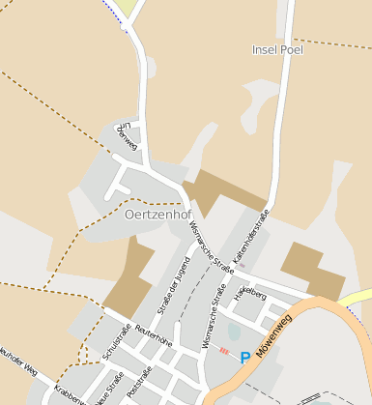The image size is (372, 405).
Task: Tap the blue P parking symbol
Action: click(x=244, y=358)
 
